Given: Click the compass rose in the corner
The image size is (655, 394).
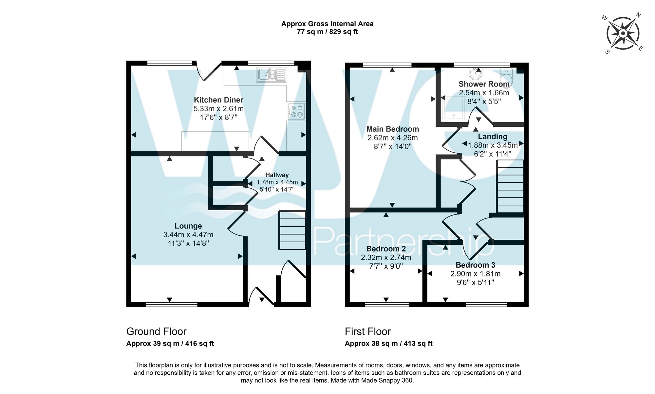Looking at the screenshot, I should pyautogui.click(x=623, y=34).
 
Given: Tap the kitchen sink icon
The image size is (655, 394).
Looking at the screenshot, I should pyautogui.click(x=271, y=75).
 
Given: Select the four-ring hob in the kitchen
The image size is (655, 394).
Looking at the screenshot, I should pyautogui.click(x=297, y=111).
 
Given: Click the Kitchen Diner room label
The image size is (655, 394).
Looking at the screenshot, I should pyautogui.click(x=218, y=100).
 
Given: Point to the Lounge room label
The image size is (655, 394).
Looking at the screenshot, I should pyautogui.click(x=188, y=226).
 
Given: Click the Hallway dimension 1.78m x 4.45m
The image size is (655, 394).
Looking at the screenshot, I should pyautogui.click(x=277, y=182).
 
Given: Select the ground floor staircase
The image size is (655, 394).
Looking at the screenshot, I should pyautogui.click(x=292, y=231).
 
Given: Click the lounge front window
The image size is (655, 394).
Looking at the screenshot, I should pyautogui.click(x=171, y=305).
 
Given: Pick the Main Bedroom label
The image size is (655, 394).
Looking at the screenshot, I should pyautogui.click(x=392, y=129).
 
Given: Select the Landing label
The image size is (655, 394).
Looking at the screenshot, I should pyautogui.click(x=492, y=137).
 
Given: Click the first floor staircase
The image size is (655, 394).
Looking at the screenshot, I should pyautogui.click(x=510, y=187).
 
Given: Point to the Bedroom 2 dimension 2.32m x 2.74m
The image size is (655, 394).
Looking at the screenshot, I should pyautogui.click(x=386, y=258).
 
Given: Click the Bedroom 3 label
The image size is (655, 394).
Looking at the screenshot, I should pyautogui.click(x=475, y=265).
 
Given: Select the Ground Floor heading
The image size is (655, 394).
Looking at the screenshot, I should pyautogui.click(x=156, y=331).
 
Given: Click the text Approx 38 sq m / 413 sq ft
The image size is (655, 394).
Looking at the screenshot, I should pyautogui.click(x=388, y=344).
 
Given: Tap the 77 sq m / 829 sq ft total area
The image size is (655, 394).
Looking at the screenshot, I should pyautogui.click(x=327, y=32).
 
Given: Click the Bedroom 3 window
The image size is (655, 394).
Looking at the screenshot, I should pyautogui.click(x=486, y=305).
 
